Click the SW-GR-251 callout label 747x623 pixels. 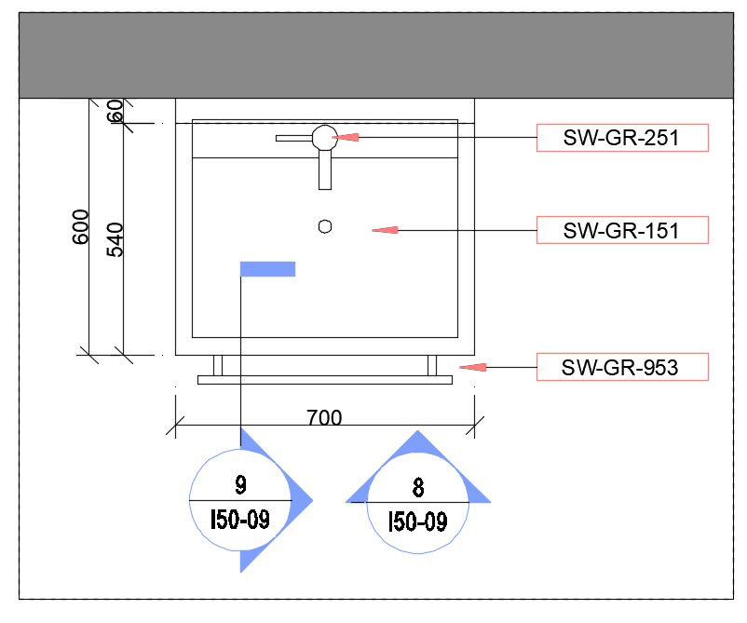coord(622,138)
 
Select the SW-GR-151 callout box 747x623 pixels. coord(622,230)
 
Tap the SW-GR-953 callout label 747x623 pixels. coord(622,367)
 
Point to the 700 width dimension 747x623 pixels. coord(324,418)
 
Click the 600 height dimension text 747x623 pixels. coord(80,226)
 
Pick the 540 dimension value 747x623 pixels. coord(115,239)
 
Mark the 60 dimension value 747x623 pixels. coord(115,111)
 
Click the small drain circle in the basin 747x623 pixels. coord(325,226)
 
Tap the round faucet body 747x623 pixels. coord(325,138)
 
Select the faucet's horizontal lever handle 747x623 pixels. coord(294,138)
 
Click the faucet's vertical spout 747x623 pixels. coord(325,169)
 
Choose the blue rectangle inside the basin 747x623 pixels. coord(267,269)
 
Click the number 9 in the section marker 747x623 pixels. coord(240,485)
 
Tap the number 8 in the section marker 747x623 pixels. coord(418,488)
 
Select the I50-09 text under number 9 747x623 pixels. coord(240,520)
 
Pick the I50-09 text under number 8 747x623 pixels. coord(418,521)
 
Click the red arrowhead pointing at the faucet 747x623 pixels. coord(345,137)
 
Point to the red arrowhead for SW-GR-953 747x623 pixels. coord(472,367)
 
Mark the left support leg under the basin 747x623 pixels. coord(218,365)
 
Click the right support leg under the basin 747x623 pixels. coord(432,365)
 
